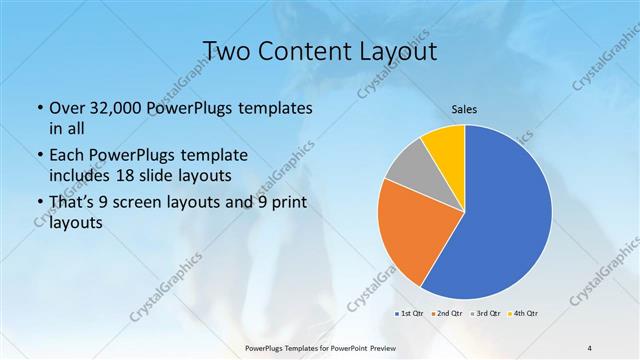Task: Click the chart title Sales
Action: [463, 111]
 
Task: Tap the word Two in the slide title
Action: [226, 51]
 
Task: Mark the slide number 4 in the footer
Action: [589, 347]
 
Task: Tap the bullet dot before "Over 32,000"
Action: [38, 108]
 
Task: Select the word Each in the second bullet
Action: [67, 156]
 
